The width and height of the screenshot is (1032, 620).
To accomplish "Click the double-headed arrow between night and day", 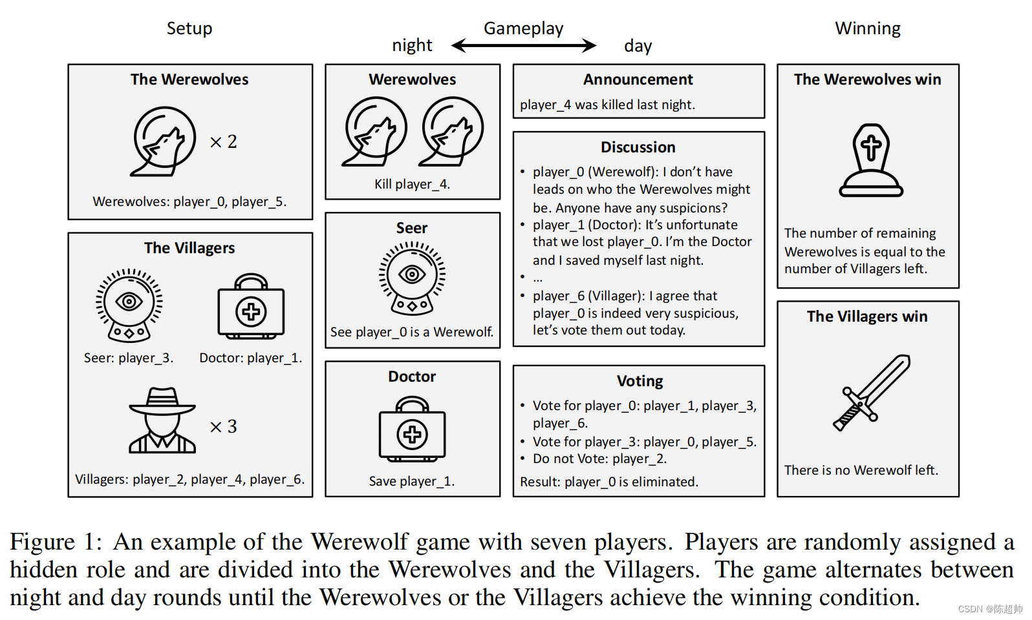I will [524, 45].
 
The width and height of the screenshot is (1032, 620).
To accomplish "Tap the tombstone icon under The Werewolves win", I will [870, 161].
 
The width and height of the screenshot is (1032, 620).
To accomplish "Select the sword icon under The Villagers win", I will [872, 392].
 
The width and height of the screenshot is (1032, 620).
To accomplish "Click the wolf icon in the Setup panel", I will [164, 141].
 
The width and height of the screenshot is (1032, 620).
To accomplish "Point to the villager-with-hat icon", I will [162, 420].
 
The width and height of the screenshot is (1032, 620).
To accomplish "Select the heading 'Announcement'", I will [638, 79].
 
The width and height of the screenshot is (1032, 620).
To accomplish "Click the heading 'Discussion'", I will [638, 147].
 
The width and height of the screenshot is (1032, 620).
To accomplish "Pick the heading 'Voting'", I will [640, 381].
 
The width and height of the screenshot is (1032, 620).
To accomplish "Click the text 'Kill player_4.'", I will [412, 184].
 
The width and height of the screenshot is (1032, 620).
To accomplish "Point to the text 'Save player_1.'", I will [412, 481].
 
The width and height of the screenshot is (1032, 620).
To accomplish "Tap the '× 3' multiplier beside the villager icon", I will [223, 426].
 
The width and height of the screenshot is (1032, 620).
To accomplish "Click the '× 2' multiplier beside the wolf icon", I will [223, 141].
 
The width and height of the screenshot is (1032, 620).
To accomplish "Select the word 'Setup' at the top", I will [189, 28].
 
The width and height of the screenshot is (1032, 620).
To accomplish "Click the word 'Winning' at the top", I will [868, 28].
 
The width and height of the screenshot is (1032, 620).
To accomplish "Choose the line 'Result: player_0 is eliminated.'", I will [608, 482].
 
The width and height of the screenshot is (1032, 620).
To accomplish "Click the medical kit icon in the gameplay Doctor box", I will [412, 429].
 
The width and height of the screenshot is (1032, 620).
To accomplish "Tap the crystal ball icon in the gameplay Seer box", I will [412, 278].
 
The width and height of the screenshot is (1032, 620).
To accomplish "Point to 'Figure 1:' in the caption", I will [56, 542].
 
